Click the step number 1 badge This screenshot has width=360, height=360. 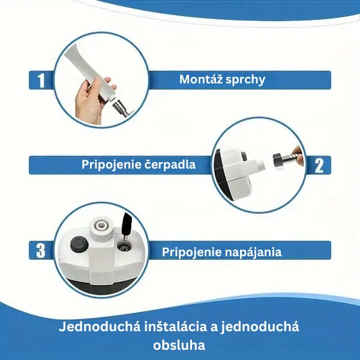41,80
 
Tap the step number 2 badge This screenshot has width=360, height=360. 319,165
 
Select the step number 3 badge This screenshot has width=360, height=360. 41,250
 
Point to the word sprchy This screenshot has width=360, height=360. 245,80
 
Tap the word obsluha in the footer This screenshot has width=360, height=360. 179,345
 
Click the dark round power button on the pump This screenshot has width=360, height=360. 79,244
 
